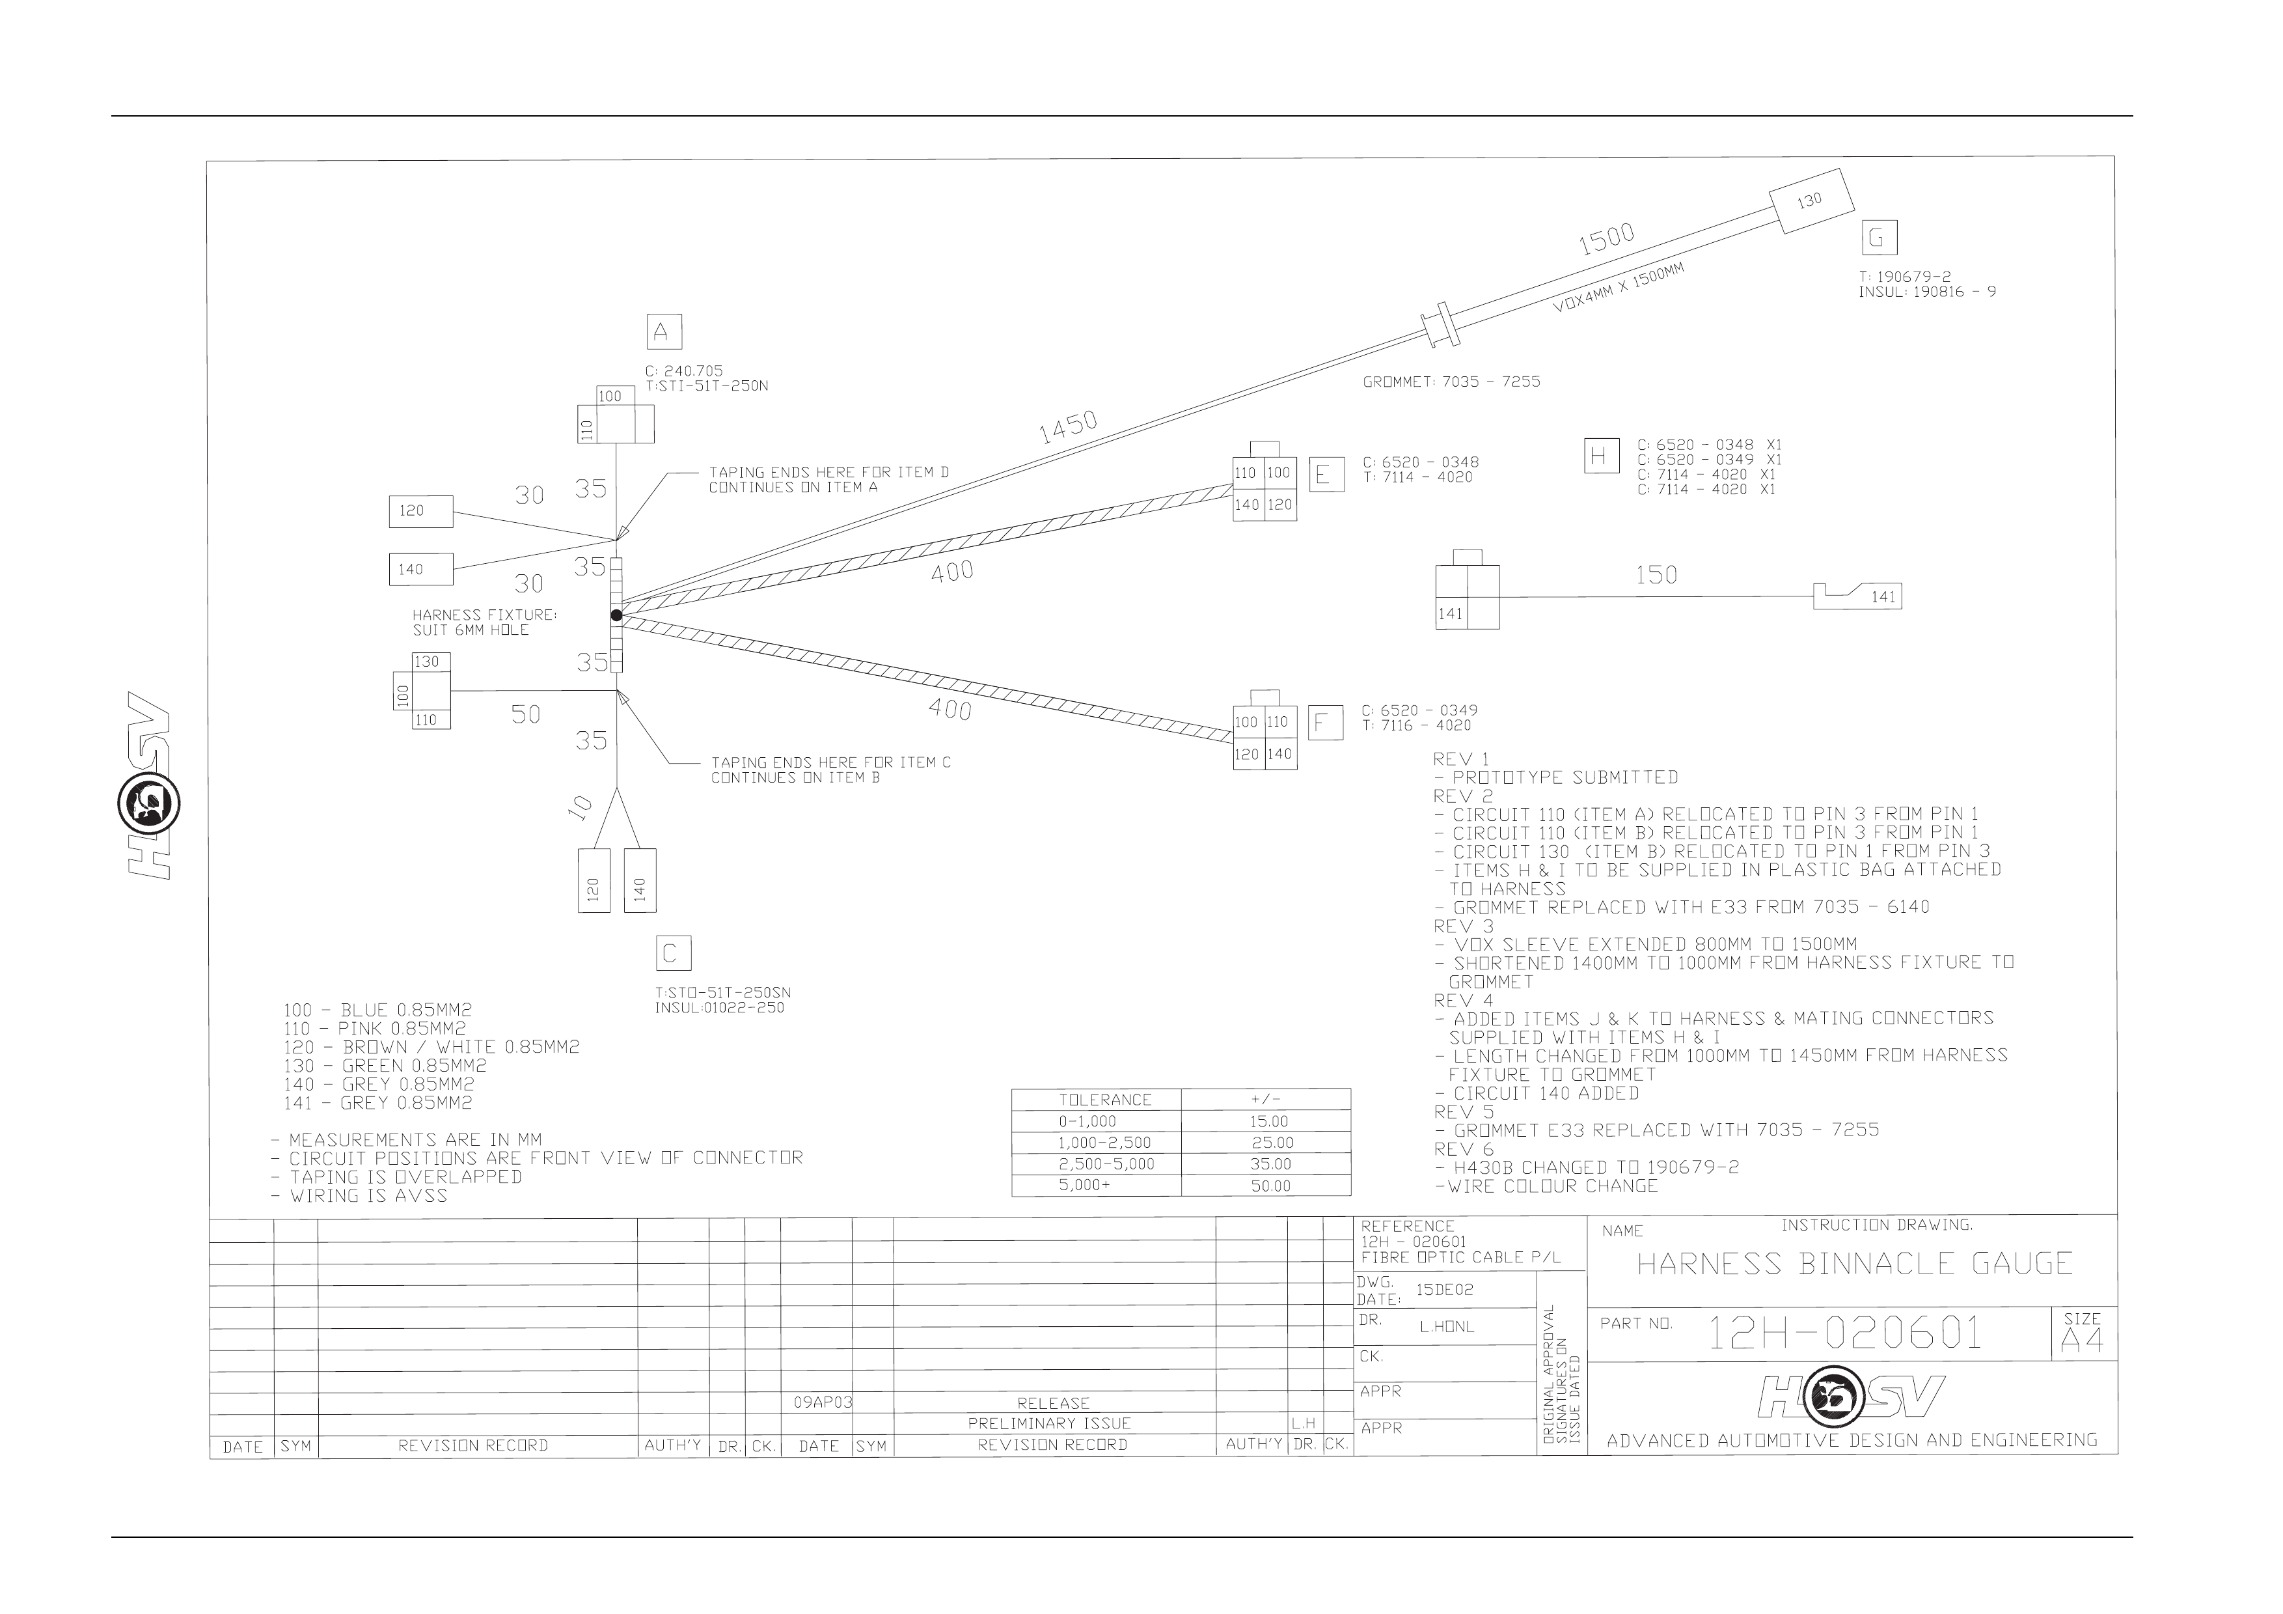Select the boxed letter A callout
pyautogui.click(x=664, y=331)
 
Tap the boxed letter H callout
pyautogui.click(x=1601, y=456)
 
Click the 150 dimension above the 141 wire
pyautogui.click(x=1656, y=575)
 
